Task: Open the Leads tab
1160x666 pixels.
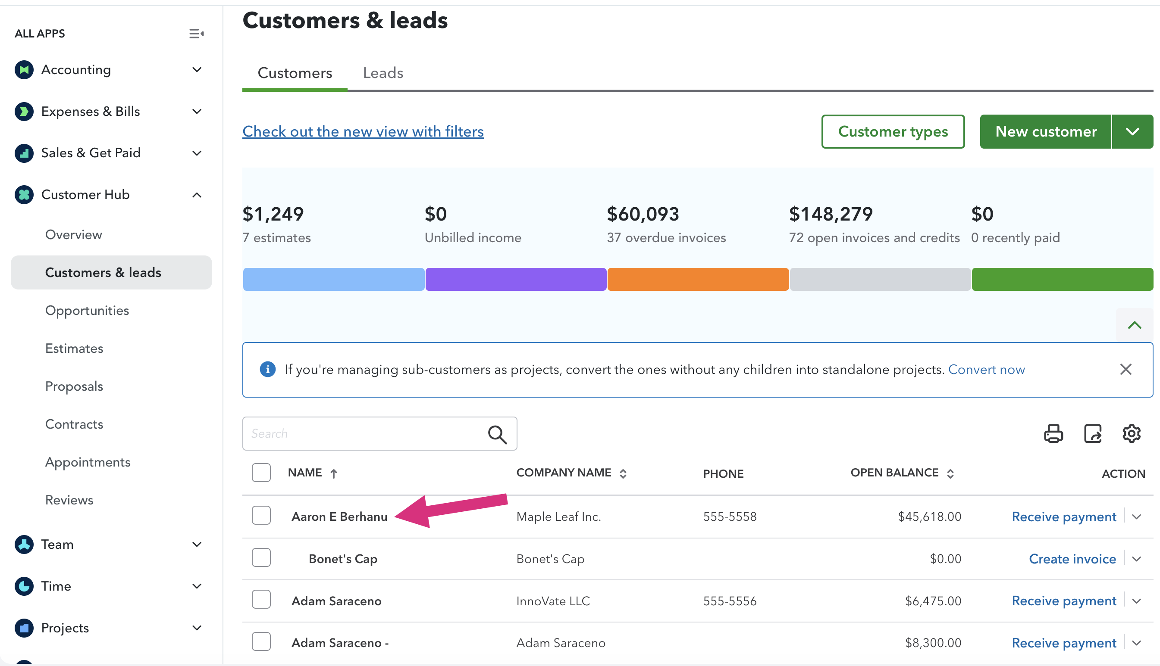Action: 382,73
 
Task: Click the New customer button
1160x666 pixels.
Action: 1046,132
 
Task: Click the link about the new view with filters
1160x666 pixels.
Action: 363,132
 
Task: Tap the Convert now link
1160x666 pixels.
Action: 986,370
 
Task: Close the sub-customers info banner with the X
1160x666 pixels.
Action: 1126,370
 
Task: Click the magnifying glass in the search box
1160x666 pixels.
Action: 497,434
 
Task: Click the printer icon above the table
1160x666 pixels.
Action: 1053,434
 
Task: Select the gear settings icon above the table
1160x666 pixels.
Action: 1131,434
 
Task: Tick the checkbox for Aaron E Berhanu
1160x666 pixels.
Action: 261,516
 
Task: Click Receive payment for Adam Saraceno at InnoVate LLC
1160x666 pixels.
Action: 1064,601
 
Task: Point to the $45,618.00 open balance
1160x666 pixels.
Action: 929,517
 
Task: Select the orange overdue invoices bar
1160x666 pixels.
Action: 698,279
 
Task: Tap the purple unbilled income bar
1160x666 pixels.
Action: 516,279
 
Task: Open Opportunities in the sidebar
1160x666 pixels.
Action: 87,311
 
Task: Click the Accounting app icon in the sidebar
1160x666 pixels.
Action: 24,69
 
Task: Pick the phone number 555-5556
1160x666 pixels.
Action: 730,601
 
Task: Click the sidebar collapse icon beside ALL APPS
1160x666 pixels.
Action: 196,34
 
